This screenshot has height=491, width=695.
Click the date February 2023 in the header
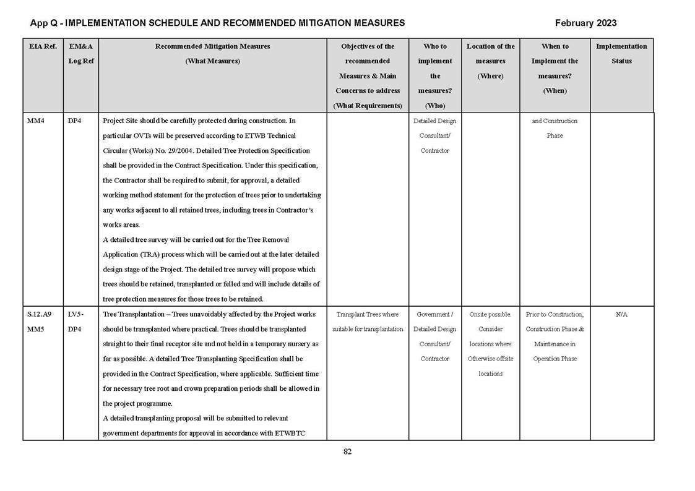[585, 23]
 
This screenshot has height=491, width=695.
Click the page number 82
[347, 451]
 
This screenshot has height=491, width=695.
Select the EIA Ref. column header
[43, 46]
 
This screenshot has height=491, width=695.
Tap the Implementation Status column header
[621, 53]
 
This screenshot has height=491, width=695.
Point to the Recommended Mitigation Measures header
[212, 46]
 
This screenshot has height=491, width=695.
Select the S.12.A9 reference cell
[40, 315]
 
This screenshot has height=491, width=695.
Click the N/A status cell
[621, 315]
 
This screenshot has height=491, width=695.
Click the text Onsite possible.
[490, 315]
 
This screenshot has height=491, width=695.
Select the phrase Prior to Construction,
[555, 315]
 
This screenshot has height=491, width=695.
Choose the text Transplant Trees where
[368, 315]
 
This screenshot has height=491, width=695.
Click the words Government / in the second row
[434, 315]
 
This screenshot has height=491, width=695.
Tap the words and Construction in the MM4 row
[555, 121]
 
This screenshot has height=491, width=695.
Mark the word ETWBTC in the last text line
[291, 433]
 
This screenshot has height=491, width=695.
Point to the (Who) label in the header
[435, 106]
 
